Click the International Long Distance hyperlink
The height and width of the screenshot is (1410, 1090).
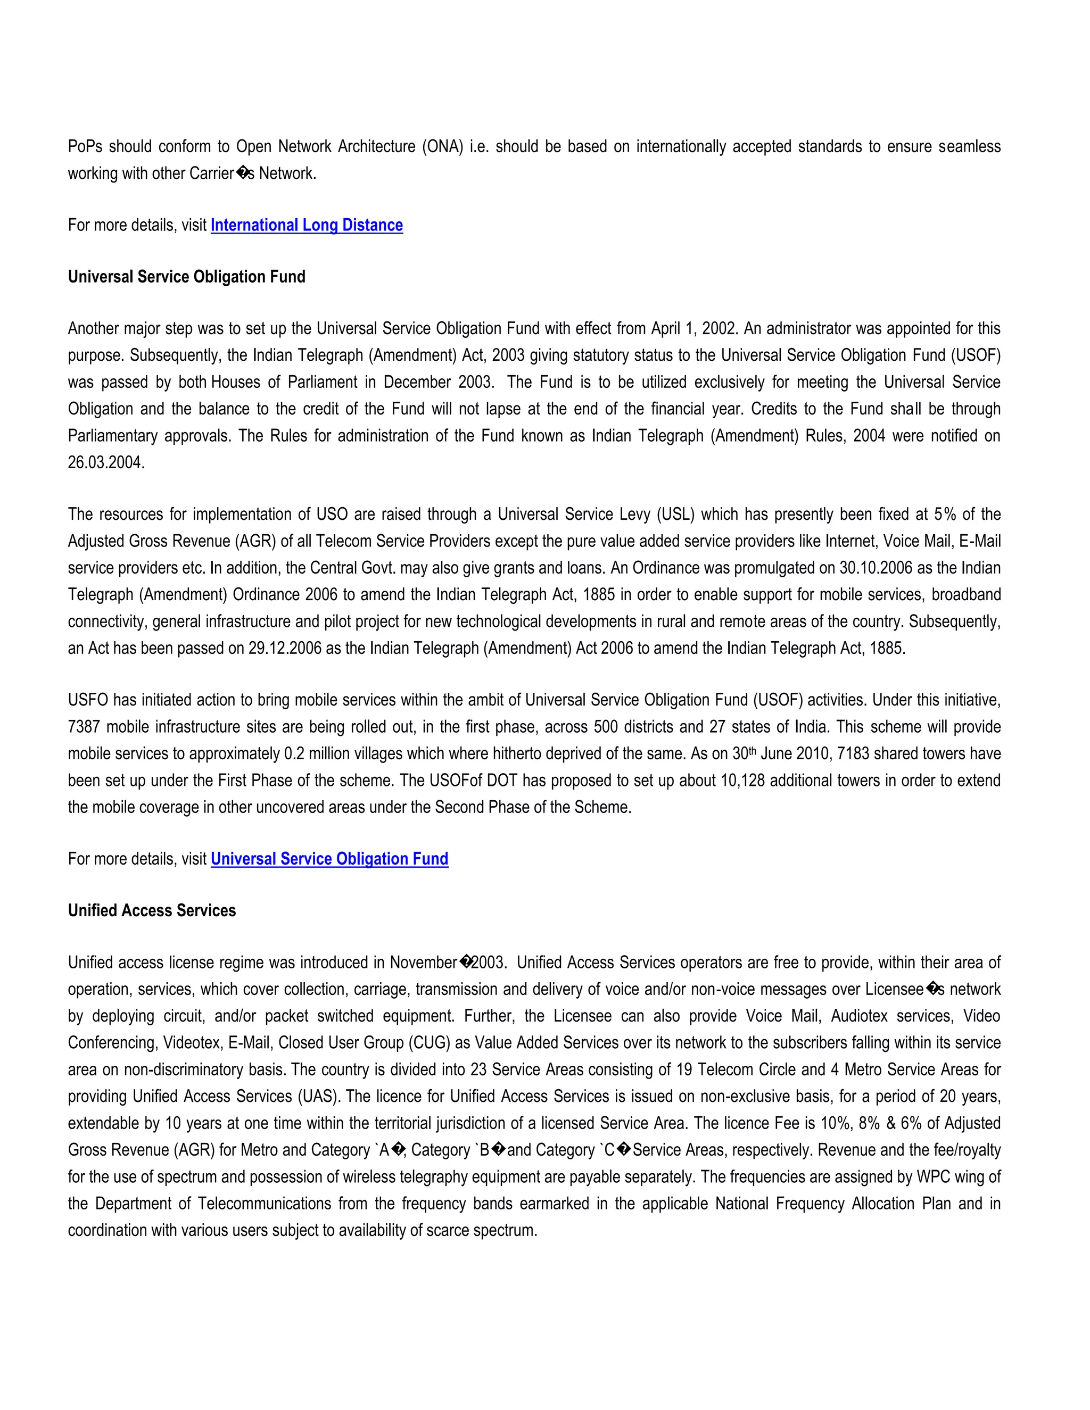tap(307, 225)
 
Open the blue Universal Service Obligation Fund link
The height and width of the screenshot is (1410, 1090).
tap(329, 859)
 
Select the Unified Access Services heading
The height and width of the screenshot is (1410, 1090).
tap(152, 910)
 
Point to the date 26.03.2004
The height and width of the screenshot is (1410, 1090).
tap(105, 462)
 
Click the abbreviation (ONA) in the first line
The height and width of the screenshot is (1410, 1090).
tap(442, 146)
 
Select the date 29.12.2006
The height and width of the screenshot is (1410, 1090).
tap(285, 648)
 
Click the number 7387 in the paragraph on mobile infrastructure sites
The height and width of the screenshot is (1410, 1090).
tap(84, 726)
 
